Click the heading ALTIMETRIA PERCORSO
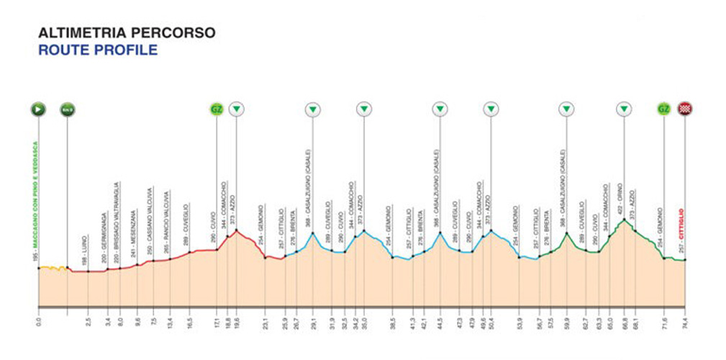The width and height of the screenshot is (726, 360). tap(126, 33)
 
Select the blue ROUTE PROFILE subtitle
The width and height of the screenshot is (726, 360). tap(97, 50)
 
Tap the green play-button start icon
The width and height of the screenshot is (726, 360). tap(38, 109)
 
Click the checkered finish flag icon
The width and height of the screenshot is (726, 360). tap(686, 109)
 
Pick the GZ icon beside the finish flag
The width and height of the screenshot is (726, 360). tap(663, 109)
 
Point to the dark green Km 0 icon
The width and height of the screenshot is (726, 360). tap(67, 109)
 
